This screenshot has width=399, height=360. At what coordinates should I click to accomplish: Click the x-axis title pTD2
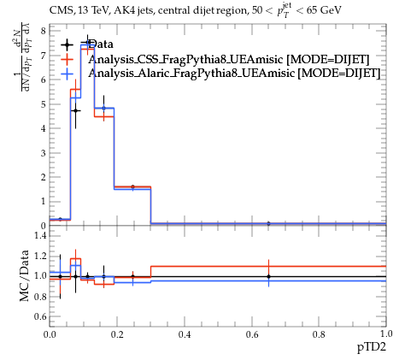pos(372,348)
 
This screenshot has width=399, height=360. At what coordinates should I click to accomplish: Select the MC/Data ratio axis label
pos(25,275)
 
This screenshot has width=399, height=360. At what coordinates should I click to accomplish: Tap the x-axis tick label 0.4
pos(185,334)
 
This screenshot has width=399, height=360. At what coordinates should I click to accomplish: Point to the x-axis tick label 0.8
pos(319,334)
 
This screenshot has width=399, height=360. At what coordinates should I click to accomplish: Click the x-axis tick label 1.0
pos(386,333)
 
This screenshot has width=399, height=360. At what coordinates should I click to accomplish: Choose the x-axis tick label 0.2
pos(117,334)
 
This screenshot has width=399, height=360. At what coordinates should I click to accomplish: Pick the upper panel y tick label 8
pos(44,31)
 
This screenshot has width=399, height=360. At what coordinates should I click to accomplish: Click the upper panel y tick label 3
pos(44,153)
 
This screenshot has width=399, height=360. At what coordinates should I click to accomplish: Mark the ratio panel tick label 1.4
pos(40,235)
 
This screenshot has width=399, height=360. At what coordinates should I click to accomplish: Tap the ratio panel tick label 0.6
pos(40,316)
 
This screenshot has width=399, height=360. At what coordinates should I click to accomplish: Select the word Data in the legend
pos(101,44)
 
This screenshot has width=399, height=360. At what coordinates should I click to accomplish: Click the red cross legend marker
pos(67,59)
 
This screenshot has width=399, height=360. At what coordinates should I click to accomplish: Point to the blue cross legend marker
pos(67,74)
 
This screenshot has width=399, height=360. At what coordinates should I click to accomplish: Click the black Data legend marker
pos(67,44)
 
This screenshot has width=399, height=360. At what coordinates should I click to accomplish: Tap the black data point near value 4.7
pos(75,110)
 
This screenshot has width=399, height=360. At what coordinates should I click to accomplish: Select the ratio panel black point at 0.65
pos(268,276)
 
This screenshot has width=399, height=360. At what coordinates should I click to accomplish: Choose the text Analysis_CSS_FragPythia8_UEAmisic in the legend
pos(185,60)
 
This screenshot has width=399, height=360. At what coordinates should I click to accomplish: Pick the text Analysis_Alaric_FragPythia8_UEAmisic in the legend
pos(191,74)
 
